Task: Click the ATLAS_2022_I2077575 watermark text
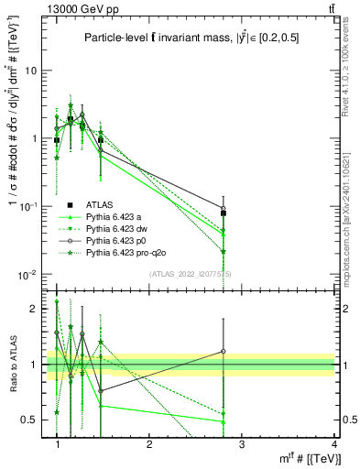(x=197, y=274)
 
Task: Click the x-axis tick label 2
(x=149, y=444)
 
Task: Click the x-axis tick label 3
(x=242, y=444)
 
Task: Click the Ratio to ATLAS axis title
(x=11, y=364)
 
